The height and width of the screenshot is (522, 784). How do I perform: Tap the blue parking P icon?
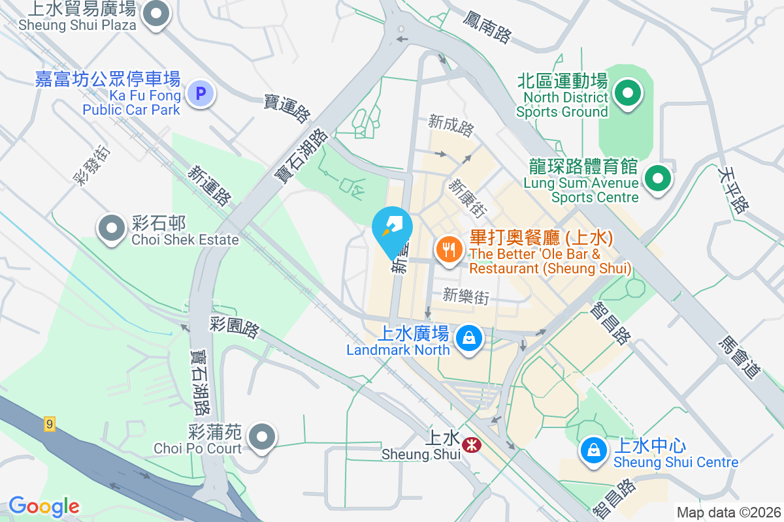coord(201,95)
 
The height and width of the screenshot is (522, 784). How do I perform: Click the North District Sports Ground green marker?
coord(628,93)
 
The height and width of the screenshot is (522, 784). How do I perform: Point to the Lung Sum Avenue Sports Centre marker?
coord(659,177)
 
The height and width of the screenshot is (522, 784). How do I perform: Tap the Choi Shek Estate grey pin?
coord(112,228)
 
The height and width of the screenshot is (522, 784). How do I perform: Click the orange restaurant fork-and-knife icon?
coord(449,250)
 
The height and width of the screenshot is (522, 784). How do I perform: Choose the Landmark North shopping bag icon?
coord(468,339)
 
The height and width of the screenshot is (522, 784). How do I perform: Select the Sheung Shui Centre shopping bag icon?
coord(593,451)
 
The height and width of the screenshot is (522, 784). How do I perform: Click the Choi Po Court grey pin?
coord(263,437)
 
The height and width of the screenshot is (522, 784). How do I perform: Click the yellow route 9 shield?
coord(50,424)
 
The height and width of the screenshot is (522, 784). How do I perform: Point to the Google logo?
coord(44,506)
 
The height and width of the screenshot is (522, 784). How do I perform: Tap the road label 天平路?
coord(732,189)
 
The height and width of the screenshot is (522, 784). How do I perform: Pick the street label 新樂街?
coord(466,296)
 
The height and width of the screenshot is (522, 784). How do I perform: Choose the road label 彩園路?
coord(235,327)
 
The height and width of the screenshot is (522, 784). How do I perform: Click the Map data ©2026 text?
coord(728,512)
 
